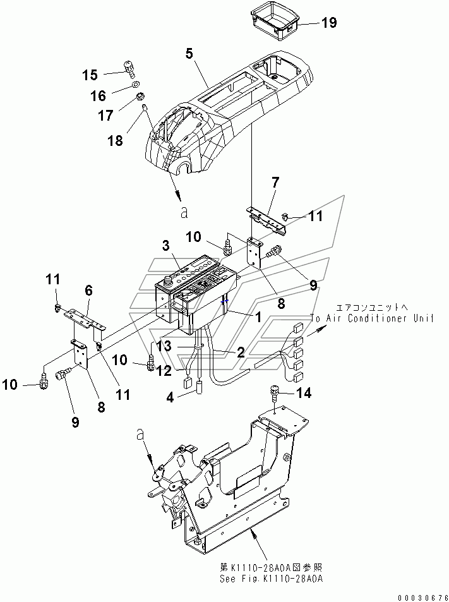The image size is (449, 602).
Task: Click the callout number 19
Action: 329,23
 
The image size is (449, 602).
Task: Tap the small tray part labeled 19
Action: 275,21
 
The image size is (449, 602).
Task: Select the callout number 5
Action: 189,53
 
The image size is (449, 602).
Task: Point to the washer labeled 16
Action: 135,85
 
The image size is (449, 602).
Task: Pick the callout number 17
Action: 106,115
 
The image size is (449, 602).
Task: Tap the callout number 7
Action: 275,183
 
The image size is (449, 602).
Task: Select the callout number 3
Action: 165,246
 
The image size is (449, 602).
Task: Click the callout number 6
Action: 88,290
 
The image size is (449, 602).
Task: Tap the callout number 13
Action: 164,346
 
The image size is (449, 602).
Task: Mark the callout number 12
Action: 164,371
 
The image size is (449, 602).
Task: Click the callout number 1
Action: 258,317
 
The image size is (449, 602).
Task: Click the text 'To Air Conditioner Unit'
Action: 372,318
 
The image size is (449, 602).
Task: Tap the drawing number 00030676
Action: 422,598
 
